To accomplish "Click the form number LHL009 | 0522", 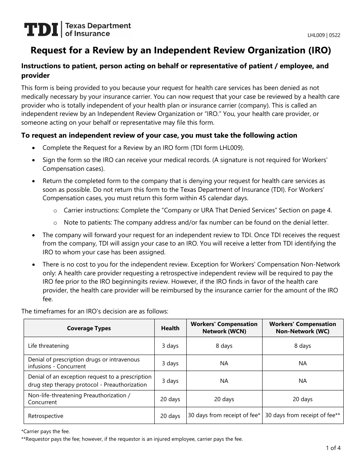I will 324,35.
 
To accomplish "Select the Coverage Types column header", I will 89,328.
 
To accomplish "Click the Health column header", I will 170,328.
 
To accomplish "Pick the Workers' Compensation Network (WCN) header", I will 224,328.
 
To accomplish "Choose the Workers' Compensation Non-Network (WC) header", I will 303,328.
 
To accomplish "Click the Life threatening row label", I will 48,346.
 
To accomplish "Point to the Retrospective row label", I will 46,416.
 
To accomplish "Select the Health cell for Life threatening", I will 170,346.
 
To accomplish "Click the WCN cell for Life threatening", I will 224,346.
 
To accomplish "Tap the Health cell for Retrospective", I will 170,416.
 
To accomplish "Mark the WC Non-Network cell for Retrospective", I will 303,415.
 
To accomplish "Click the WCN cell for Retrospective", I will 224,415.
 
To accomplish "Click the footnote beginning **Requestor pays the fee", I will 132,439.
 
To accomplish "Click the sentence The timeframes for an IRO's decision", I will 95,311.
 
